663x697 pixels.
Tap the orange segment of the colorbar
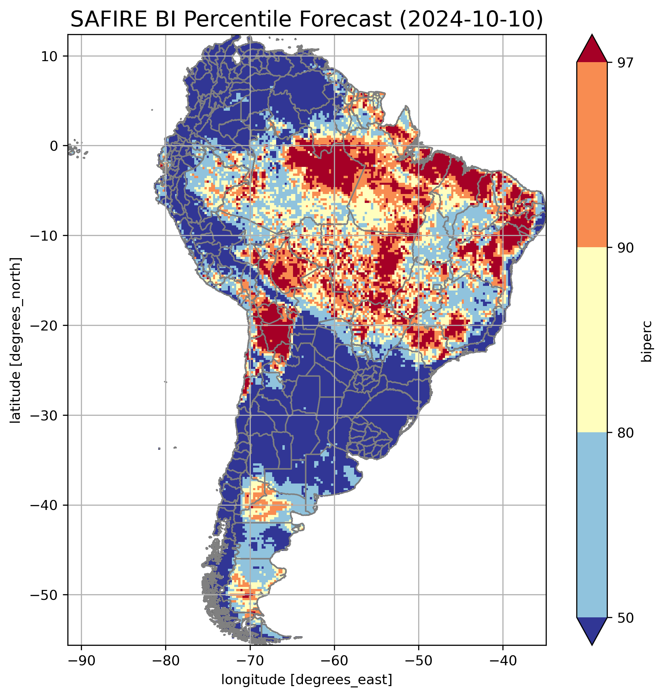(x=592, y=155)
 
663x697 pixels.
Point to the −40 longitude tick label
(x=502, y=661)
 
